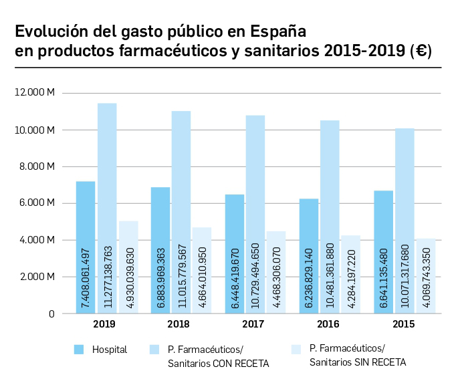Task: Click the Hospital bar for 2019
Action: tap(86, 247)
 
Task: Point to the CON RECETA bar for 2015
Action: tap(404, 221)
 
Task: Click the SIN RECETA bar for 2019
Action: tap(128, 267)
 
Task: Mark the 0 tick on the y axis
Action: tap(51, 313)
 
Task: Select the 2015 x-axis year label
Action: tap(403, 324)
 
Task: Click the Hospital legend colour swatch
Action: tap(78, 350)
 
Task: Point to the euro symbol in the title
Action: tap(422, 52)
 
